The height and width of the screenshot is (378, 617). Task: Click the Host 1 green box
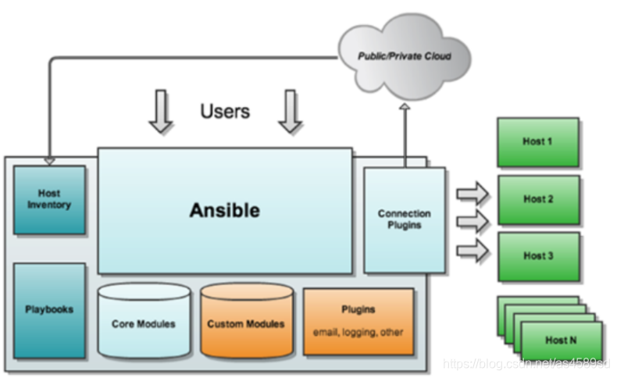pyautogui.click(x=538, y=142)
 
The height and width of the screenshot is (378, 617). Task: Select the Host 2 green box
pyautogui.click(x=538, y=199)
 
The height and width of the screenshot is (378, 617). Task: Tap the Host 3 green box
pyautogui.click(x=538, y=256)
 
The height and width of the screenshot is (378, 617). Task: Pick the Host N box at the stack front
pyautogui.click(x=562, y=341)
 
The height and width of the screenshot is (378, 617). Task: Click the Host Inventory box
pyautogui.click(x=49, y=199)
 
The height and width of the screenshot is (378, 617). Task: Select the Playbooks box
pyautogui.click(x=49, y=310)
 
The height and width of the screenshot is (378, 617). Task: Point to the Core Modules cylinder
pyautogui.click(x=144, y=323)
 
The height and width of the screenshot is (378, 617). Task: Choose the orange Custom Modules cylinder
pyautogui.click(x=246, y=323)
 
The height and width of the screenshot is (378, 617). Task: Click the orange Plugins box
pyautogui.click(x=358, y=321)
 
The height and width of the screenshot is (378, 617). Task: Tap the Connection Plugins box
pyautogui.click(x=405, y=219)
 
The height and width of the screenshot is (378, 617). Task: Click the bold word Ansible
pyautogui.click(x=224, y=210)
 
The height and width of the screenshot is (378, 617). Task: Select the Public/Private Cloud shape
pyautogui.click(x=404, y=56)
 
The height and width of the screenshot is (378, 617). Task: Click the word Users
pyautogui.click(x=225, y=111)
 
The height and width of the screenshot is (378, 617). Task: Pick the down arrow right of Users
pyautogui.click(x=291, y=111)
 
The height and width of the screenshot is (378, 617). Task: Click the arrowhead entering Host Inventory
pyautogui.click(x=49, y=161)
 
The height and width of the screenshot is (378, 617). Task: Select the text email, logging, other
pyautogui.click(x=358, y=332)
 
